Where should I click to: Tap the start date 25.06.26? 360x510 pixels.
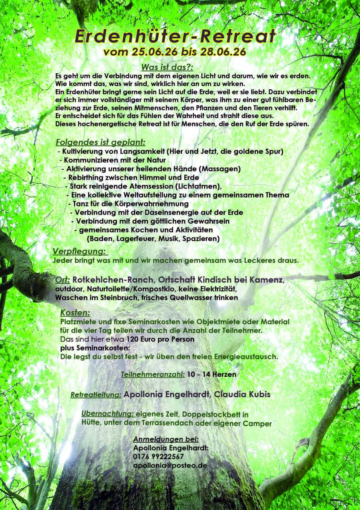pyautogui.click(x=146, y=52)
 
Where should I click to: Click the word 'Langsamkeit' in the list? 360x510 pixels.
pyautogui.click(x=143, y=151)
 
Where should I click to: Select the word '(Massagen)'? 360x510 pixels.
pyautogui.click(x=221, y=169)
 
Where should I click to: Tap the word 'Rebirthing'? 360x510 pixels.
pyautogui.click(x=86, y=177)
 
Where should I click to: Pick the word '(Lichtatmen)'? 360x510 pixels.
pyautogui.click(x=196, y=186)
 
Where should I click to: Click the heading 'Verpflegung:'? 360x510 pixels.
pyautogui.click(x=80, y=251)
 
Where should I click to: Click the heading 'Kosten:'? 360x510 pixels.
pyautogui.click(x=75, y=313)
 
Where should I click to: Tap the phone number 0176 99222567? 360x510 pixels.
pyautogui.click(x=158, y=457)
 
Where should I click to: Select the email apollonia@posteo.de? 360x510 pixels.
pyautogui.click(x=170, y=465)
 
